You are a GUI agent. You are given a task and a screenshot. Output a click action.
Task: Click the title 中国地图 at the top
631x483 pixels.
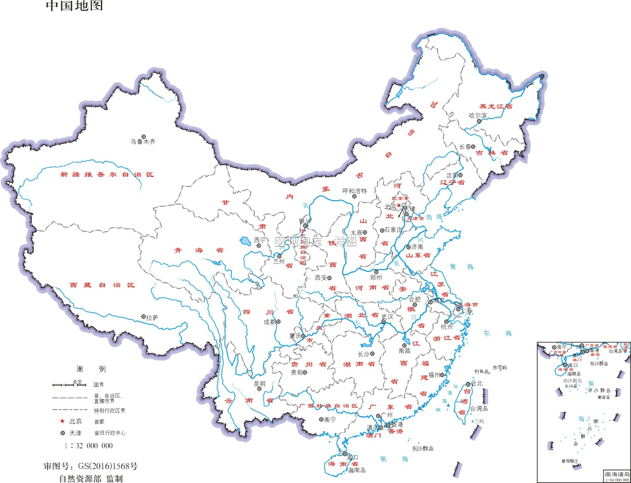click(x=74, y=6)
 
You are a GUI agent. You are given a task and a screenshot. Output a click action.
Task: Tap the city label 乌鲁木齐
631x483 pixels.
click(x=143, y=142)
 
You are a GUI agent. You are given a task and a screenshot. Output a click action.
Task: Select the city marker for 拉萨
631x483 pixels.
click(x=143, y=317)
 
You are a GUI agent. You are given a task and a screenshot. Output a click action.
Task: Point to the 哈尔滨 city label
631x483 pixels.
click(x=478, y=115)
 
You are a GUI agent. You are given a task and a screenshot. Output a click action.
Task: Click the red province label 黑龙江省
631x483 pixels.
click(x=496, y=106)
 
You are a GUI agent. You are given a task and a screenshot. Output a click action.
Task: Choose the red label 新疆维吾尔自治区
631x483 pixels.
click(x=107, y=175)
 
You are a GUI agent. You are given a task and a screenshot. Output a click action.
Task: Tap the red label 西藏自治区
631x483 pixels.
click(x=102, y=285)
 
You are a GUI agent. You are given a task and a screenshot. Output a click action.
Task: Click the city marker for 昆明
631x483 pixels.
click(x=259, y=389)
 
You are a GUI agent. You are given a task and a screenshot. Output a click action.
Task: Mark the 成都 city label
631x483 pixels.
click(x=269, y=322)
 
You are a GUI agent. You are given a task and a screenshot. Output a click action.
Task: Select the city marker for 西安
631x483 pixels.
click(x=329, y=278)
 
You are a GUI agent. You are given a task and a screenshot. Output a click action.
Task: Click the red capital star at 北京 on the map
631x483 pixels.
click(x=399, y=205)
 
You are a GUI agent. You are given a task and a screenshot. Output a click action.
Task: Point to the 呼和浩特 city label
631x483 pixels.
click(x=355, y=191)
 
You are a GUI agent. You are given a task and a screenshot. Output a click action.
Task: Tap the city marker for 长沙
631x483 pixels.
click(x=372, y=354)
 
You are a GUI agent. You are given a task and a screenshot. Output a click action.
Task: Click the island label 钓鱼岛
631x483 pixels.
click(x=482, y=372)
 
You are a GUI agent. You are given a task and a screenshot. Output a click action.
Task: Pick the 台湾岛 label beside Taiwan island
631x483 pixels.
click(x=479, y=409)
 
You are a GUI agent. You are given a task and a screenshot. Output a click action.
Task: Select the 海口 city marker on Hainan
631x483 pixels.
click(x=345, y=454)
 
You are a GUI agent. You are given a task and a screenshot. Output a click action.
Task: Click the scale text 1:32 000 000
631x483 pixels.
click(x=89, y=446)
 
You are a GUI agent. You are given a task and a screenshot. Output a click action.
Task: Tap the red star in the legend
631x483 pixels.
click(x=63, y=421)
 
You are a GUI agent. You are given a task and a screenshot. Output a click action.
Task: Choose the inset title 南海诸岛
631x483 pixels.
click(x=617, y=474)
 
